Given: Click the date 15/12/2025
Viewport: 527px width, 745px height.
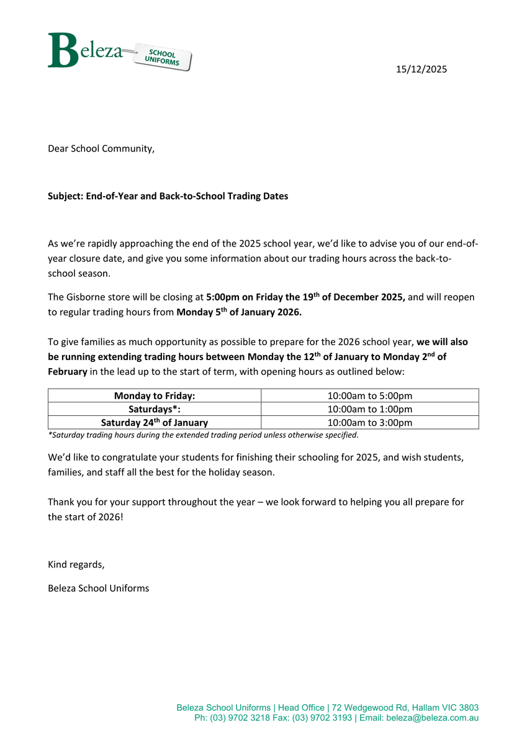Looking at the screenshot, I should tap(421, 69).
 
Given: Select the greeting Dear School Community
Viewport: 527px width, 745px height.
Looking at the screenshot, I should tap(101, 148).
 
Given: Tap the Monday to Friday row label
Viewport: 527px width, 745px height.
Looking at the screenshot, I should tap(155, 395).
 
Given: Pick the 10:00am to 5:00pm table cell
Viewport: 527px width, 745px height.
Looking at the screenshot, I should tap(369, 395).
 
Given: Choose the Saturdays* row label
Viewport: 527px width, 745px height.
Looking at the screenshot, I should tap(155, 409).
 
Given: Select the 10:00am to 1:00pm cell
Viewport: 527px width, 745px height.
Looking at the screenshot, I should tap(369, 409).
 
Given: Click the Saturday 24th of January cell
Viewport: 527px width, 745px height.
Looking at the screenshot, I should tap(155, 422).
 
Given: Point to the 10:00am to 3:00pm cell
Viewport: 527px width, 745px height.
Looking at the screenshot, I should tap(369, 422).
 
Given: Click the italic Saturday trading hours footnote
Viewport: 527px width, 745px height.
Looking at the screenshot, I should tap(203, 435).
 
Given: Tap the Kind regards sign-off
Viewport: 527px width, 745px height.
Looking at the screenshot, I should tap(76, 564).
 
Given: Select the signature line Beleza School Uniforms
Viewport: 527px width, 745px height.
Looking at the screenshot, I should tap(99, 588).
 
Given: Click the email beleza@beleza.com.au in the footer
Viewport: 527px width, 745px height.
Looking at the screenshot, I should tap(432, 718).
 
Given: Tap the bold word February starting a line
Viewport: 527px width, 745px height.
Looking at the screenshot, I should tap(68, 371).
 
